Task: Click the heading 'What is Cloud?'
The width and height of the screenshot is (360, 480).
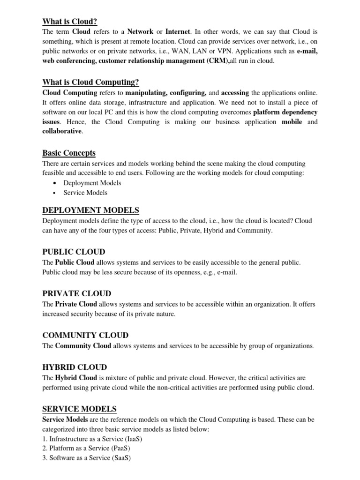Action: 70,21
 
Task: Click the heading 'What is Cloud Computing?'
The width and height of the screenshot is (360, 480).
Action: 90,82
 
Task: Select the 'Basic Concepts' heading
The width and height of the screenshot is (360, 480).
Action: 69,153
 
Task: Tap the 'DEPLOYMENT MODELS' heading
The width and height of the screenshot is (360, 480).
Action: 91,210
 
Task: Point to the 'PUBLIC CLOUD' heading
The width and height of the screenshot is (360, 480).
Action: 74,252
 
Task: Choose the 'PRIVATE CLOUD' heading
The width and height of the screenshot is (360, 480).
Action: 77,293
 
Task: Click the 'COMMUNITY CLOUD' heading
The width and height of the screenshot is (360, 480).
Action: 85,335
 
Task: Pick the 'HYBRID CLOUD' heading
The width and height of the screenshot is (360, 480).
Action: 75,367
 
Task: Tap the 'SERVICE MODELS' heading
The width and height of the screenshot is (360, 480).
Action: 80,409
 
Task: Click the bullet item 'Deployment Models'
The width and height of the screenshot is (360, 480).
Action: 92,183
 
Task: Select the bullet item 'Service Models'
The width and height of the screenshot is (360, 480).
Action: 85,193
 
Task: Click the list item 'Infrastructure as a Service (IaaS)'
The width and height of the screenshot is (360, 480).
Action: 92,439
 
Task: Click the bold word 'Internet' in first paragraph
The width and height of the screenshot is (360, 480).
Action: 178,32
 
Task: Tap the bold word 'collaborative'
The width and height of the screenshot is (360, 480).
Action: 62,131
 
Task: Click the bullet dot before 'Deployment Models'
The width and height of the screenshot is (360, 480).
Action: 55,183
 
